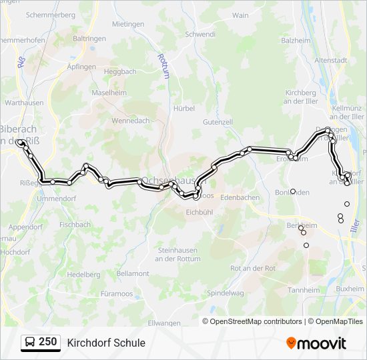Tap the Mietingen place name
point(128,24)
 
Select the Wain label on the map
point(240,15)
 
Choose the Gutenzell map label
point(218,122)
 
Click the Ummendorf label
point(57,199)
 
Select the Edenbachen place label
point(240,197)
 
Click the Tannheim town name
point(304,289)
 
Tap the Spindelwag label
point(226,293)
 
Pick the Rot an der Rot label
point(252,267)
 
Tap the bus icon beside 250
point(30,343)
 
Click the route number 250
point(48,342)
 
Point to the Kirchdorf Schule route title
point(106,343)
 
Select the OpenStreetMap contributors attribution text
point(256,321)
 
